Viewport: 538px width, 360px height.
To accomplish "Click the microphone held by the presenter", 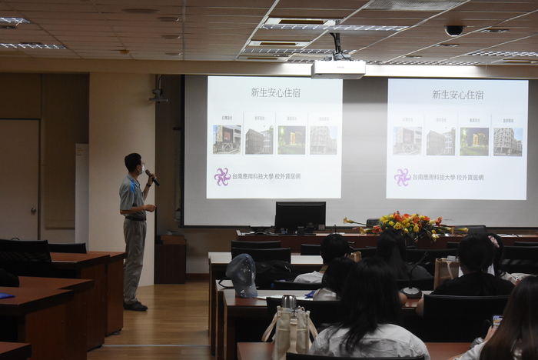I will click(x=152, y=178).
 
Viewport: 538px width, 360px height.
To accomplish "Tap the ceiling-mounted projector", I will click(x=338, y=68).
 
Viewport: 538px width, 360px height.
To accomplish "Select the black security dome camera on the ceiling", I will click(x=454, y=31).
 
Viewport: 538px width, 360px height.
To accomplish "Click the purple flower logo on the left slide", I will click(x=222, y=177).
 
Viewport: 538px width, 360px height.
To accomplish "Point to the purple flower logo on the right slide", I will click(x=403, y=178).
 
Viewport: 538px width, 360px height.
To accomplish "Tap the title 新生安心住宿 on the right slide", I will click(x=457, y=95).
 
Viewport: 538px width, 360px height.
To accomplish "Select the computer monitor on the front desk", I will click(x=300, y=216).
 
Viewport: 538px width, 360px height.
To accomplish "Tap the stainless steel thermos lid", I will click(x=288, y=302).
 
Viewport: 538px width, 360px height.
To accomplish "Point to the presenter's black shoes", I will click(x=135, y=305).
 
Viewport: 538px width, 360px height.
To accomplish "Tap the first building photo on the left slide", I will click(x=227, y=139).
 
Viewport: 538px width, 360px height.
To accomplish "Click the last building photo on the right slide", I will click(x=507, y=142).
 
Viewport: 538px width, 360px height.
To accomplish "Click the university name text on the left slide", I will click(x=266, y=177).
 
